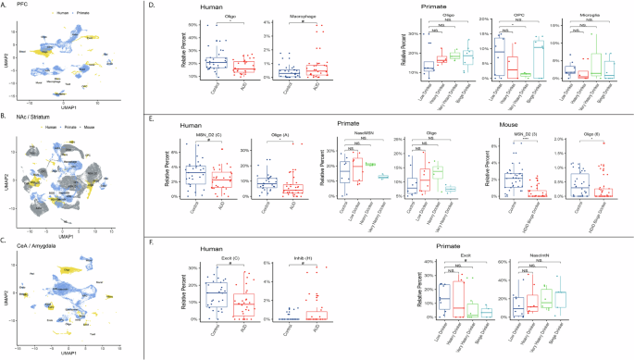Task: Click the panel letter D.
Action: coord(166,6)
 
